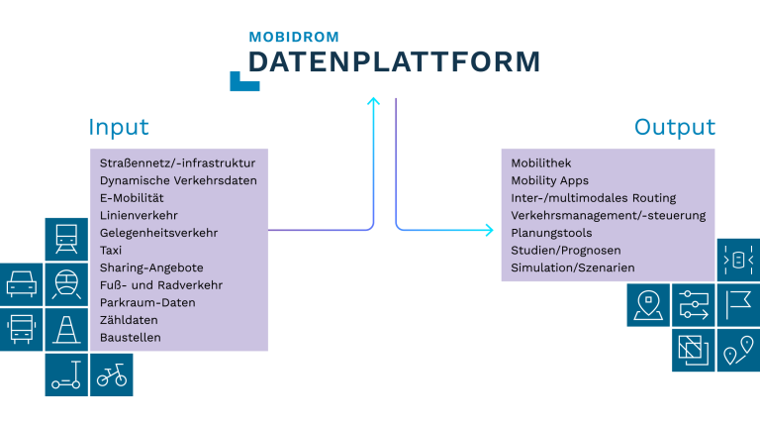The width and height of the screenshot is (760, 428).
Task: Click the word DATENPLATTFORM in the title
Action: pyautogui.click(x=394, y=62)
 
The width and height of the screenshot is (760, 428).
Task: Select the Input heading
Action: pyautogui.click(x=119, y=128)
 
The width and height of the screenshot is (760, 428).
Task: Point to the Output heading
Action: pyautogui.click(x=675, y=128)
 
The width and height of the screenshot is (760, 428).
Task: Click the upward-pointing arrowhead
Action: pyautogui.click(x=373, y=101)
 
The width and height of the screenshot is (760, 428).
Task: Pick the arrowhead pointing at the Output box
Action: pyautogui.click(x=488, y=231)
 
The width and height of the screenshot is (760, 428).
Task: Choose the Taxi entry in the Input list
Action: pyautogui.click(x=112, y=251)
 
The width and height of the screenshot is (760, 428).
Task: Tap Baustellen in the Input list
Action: pyautogui.click(x=130, y=338)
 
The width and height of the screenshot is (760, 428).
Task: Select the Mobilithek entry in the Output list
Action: pyautogui.click(x=541, y=163)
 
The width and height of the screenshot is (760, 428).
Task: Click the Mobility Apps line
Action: pyautogui.click(x=549, y=180)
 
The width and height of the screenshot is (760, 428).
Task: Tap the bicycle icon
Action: pyautogui.click(x=111, y=374)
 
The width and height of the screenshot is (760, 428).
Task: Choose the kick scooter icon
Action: pyautogui.click(x=66, y=374)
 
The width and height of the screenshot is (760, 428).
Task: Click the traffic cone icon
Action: pyautogui.click(x=66, y=329)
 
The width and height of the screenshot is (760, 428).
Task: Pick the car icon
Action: pyautogui.click(x=22, y=285)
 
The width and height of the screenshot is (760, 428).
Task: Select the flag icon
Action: pyautogui.click(x=738, y=304)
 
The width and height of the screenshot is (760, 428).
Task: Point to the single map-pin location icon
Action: pyautogui.click(x=648, y=304)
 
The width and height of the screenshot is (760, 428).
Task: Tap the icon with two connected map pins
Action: pyautogui.click(x=738, y=351)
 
